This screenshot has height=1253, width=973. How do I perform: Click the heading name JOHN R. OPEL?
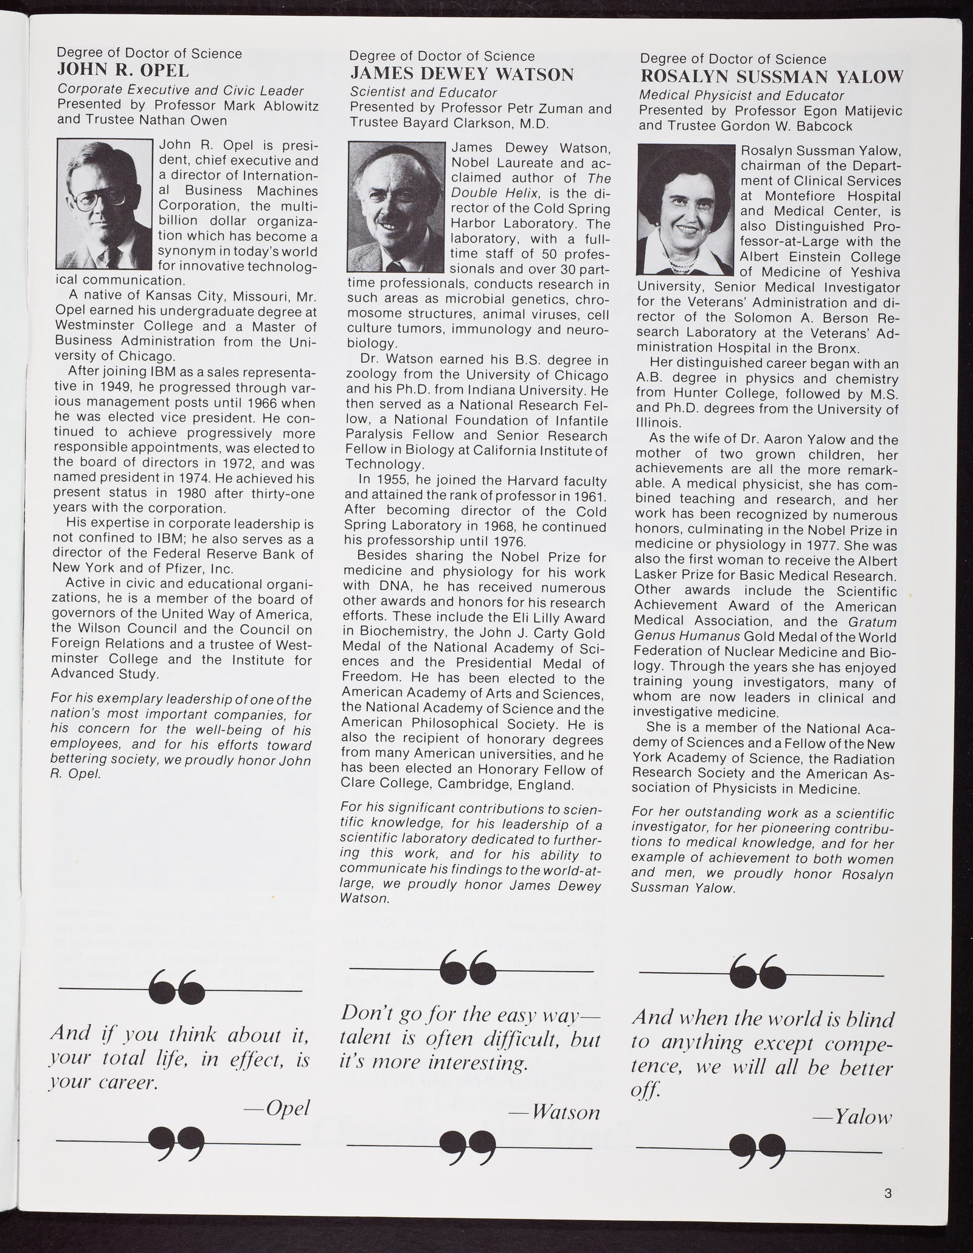(123, 71)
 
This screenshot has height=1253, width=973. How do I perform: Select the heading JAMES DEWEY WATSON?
(461, 75)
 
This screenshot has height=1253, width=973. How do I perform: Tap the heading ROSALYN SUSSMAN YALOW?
(771, 77)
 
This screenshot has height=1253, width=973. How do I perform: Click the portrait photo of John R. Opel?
(103, 204)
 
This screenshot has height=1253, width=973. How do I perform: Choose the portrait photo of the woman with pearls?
(685, 210)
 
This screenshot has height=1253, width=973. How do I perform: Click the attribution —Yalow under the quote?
(853, 1117)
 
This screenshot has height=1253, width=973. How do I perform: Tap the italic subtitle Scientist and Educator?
(423, 93)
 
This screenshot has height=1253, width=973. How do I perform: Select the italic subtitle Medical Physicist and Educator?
(741, 95)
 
